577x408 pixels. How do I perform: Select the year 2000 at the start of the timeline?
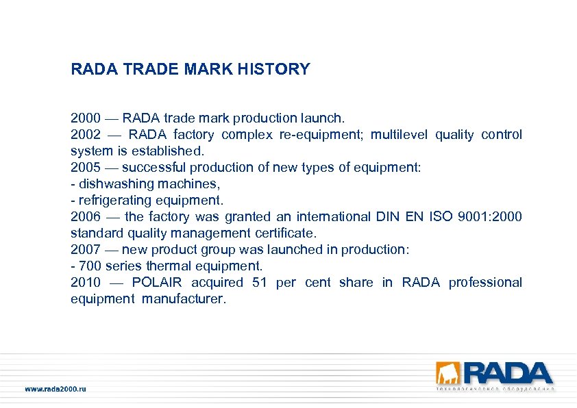point(85,118)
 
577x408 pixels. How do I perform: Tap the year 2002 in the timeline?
point(85,135)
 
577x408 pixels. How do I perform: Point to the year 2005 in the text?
point(85,168)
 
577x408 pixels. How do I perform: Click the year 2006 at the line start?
point(85,217)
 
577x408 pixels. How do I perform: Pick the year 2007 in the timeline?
point(85,250)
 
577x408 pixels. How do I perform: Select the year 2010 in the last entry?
point(85,283)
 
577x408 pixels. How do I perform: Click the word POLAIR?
point(157,283)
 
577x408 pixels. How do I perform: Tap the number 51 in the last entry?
point(260,283)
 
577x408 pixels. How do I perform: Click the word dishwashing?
point(112,184)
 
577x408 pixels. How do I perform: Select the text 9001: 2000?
point(488,217)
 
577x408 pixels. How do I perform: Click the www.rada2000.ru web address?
point(56,389)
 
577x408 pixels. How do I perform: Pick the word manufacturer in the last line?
point(183,299)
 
